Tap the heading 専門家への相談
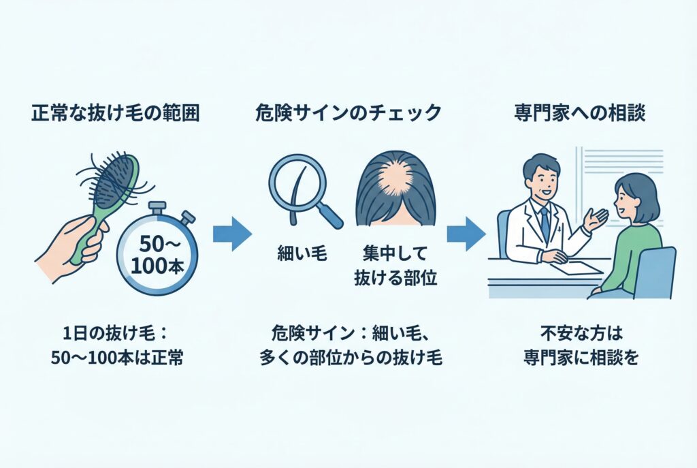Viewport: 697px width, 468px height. coord(580,114)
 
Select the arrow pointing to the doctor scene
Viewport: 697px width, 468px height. coord(466,234)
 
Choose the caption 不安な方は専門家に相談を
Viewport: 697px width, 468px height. coord(582,347)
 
